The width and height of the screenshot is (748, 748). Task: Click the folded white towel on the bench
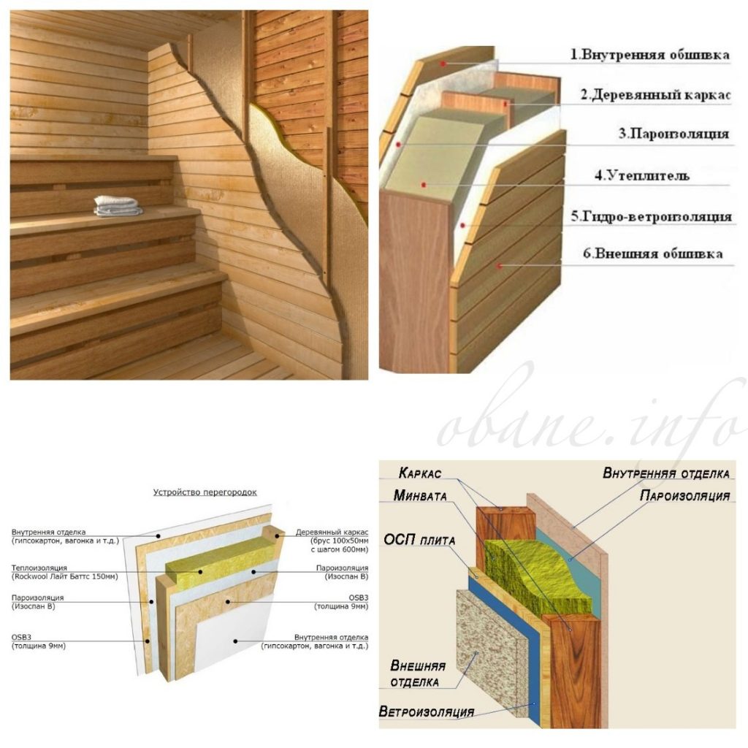tap(118, 206)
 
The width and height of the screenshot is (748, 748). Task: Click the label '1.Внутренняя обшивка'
tap(650, 54)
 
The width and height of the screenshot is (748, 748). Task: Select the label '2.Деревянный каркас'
tap(655, 95)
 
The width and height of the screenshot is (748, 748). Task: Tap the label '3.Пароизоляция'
tap(673, 134)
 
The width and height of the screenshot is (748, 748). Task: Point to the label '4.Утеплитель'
tap(641, 175)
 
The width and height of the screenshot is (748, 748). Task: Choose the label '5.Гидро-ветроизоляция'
tap(651, 216)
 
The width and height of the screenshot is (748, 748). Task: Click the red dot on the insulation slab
tap(424, 185)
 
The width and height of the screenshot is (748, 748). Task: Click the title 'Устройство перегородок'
tap(205, 492)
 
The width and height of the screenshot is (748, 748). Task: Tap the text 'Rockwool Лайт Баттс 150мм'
tap(65, 576)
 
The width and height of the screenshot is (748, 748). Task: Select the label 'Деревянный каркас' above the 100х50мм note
tap(332, 532)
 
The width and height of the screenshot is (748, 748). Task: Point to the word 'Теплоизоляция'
tap(39, 568)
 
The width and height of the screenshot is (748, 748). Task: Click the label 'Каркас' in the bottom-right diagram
tap(420, 473)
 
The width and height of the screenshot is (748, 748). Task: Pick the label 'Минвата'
tap(420, 496)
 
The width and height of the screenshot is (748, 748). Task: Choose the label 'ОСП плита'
tap(419, 540)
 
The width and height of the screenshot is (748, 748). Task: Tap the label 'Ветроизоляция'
tap(427, 711)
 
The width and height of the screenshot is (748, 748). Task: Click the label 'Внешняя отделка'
tap(417, 673)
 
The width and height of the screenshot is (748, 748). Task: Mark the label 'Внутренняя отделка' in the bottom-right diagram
tap(666, 473)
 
